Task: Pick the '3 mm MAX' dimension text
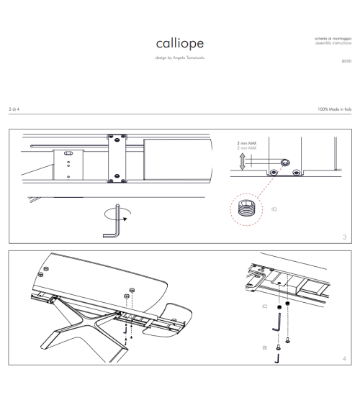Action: [x=247, y=145]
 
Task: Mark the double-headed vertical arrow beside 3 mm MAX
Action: [x=242, y=160]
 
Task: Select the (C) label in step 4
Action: [x=264, y=306]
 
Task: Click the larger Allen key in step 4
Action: [x=276, y=325]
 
